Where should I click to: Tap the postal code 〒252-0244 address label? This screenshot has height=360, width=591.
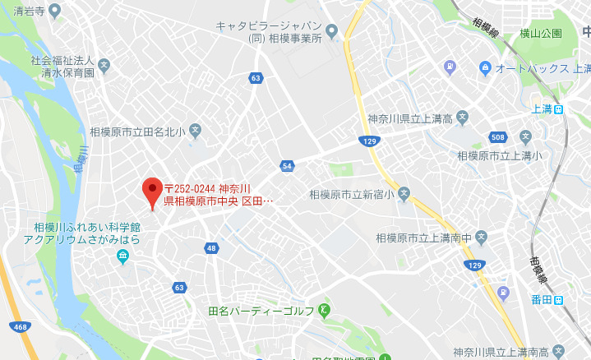[218, 195]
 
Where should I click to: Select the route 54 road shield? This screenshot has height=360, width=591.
[287, 166]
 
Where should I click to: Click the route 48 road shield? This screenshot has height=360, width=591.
[212, 248]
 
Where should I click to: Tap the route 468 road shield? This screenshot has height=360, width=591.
[21, 328]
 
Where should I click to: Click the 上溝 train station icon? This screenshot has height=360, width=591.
[559, 108]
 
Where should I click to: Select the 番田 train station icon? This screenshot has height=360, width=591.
[559, 300]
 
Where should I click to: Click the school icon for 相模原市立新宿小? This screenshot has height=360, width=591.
[403, 195]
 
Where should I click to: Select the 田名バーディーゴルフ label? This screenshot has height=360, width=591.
[261, 311]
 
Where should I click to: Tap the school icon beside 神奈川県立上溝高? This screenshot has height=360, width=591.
[462, 118]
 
